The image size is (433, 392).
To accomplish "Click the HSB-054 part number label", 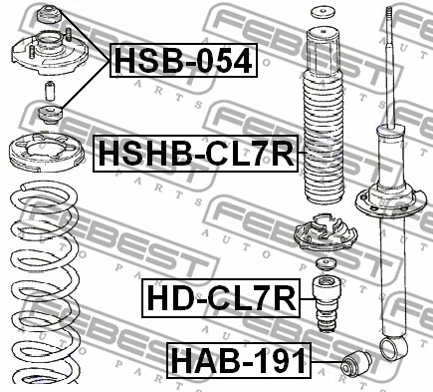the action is pyautogui.click(x=183, y=60).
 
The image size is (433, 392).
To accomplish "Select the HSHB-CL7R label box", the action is pyautogui.click(x=195, y=153).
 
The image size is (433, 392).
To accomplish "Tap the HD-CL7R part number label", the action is pyautogui.click(x=221, y=298).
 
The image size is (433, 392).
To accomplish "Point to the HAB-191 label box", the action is pyautogui.click(x=239, y=360).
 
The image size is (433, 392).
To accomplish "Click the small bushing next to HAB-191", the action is pyautogui.click(x=356, y=363).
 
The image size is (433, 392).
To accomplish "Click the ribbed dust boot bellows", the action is pyautogui.click(x=324, y=116).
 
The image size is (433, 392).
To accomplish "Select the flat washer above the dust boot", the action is pyautogui.click(x=324, y=13).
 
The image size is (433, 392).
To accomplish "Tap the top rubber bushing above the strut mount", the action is pyautogui.click(x=49, y=14).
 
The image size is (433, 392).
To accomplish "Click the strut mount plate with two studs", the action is pyautogui.click(x=50, y=53).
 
